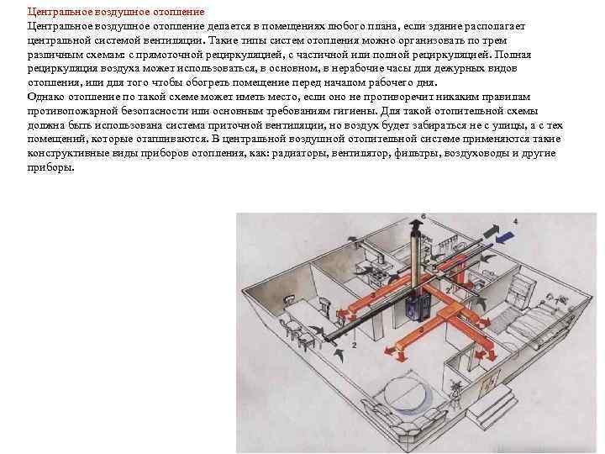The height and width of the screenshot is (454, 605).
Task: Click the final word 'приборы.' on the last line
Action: [50, 167]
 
